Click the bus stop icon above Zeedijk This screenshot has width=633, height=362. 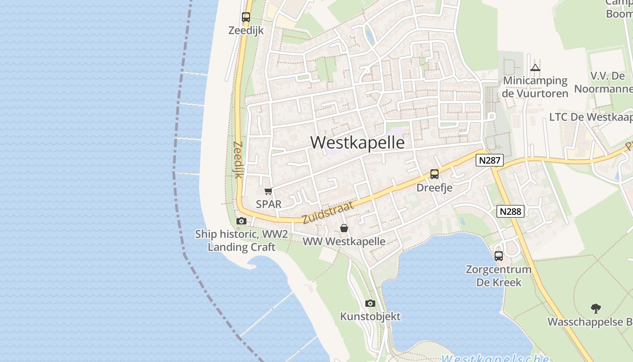point(246,17)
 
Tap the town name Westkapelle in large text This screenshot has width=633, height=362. point(357,143)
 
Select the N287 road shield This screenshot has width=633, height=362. point(489,160)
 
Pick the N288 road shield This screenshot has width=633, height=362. point(510,211)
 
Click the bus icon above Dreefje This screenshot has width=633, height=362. point(435,174)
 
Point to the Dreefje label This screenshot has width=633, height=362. point(434,187)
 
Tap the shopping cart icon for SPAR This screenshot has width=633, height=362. point(269,191)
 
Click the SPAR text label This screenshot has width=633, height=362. point(269,204)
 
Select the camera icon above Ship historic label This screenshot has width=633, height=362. point(241,221)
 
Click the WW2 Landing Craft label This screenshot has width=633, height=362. point(241,241)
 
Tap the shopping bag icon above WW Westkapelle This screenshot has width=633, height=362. point(344,228)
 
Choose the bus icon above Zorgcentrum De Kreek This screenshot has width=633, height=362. point(499,256)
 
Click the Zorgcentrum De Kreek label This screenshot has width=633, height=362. point(499,276)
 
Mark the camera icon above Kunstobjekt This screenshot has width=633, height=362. point(370,303)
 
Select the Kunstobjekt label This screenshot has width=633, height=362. point(370,316)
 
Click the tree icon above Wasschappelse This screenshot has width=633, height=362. point(596,309)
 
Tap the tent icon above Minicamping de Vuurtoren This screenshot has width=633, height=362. point(535,68)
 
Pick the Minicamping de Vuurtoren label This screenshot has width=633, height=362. point(535,87)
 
